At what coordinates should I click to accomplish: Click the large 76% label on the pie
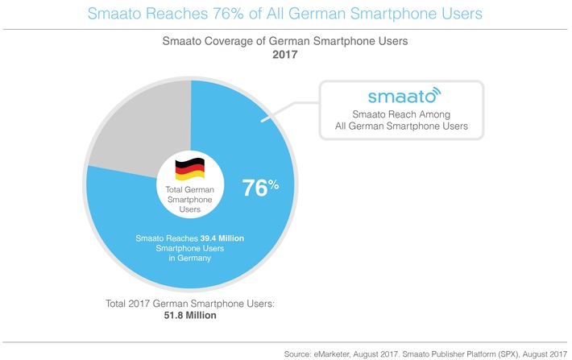(260, 188)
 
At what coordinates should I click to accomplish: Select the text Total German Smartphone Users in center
(190, 199)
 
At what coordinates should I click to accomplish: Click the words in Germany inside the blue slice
(190, 260)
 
